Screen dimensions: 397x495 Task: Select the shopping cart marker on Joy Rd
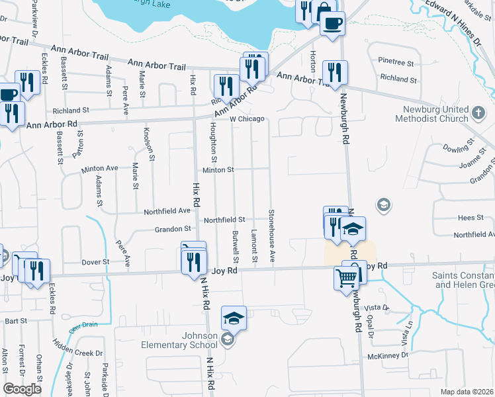[x=347, y=278]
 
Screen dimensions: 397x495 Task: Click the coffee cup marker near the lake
[x=332, y=24]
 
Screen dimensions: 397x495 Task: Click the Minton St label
[x=218, y=170]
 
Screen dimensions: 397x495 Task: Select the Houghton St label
[x=213, y=142]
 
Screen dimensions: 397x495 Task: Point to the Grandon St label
[x=173, y=228]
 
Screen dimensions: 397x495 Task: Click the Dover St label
[x=96, y=262]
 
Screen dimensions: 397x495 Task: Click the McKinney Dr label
[x=388, y=356]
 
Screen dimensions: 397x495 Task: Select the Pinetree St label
[x=396, y=61]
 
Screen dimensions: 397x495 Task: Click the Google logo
[x=22, y=389]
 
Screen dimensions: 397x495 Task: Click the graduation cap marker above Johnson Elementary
[x=234, y=318]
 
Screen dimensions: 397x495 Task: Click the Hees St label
[x=467, y=217]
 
